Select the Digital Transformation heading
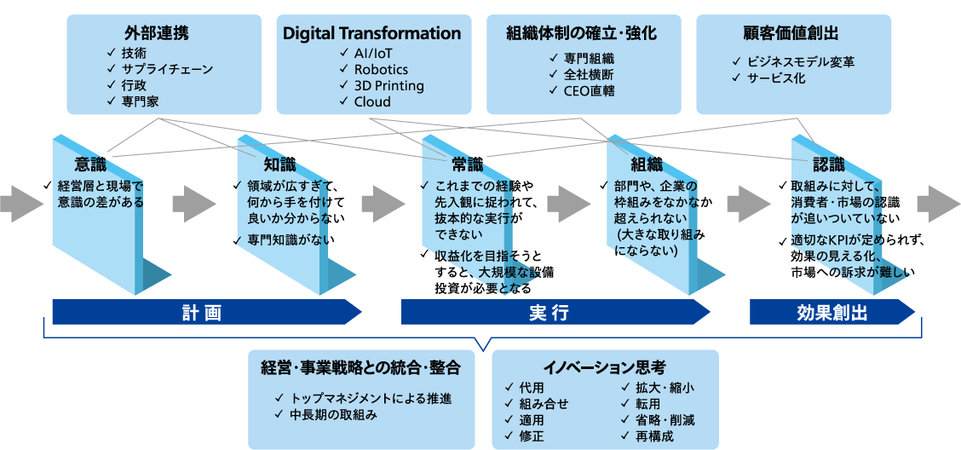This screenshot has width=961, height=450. tap(371, 34)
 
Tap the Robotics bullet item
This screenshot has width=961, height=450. tap(381, 69)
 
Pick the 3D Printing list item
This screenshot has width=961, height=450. tap(388, 85)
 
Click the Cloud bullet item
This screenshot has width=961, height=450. tap(372, 101)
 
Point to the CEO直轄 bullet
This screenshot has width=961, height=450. tap(589, 90)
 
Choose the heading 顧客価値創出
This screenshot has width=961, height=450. tap(791, 34)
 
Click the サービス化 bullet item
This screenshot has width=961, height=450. tap(776, 78)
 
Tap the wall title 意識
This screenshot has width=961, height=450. tap(90, 164)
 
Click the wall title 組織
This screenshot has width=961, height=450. tap(646, 164)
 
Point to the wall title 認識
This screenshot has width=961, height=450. tap(829, 164)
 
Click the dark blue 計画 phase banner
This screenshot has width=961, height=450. tap(202, 313)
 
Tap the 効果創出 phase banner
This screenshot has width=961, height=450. tap(832, 313)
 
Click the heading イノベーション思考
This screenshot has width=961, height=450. tap(604, 368)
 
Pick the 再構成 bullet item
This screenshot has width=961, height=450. tap(654, 436)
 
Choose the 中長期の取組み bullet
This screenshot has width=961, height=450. tap(333, 415)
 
